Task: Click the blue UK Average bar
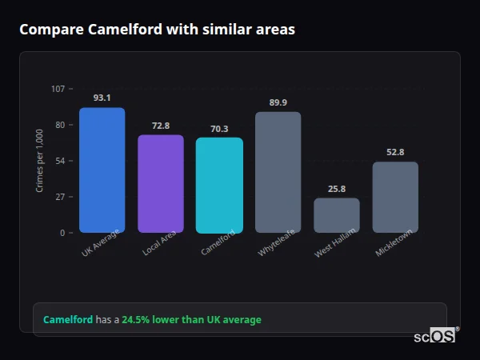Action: (x=102, y=170)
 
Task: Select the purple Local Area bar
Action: (x=161, y=184)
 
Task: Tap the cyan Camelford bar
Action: (x=219, y=186)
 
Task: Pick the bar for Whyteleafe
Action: (x=278, y=173)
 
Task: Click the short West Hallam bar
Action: (x=337, y=215)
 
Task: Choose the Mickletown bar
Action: (x=395, y=198)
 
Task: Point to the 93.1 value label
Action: (x=102, y=98)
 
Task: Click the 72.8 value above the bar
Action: (x=161, y=126)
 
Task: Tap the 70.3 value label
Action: (x=219, y=129)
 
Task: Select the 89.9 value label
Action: (x=278, y=102)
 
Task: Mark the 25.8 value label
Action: (x=337, y=189)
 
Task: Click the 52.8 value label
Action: (x=395, y=152)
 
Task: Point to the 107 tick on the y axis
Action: (x=58, y=89)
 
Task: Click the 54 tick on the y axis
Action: (x=60, y=161)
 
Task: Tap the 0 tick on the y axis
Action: (x=62, y=233)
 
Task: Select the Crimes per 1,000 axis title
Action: (x=40, y=161)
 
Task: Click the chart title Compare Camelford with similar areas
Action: (x=157, y=30)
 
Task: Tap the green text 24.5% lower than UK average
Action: (x=191, y=320)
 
